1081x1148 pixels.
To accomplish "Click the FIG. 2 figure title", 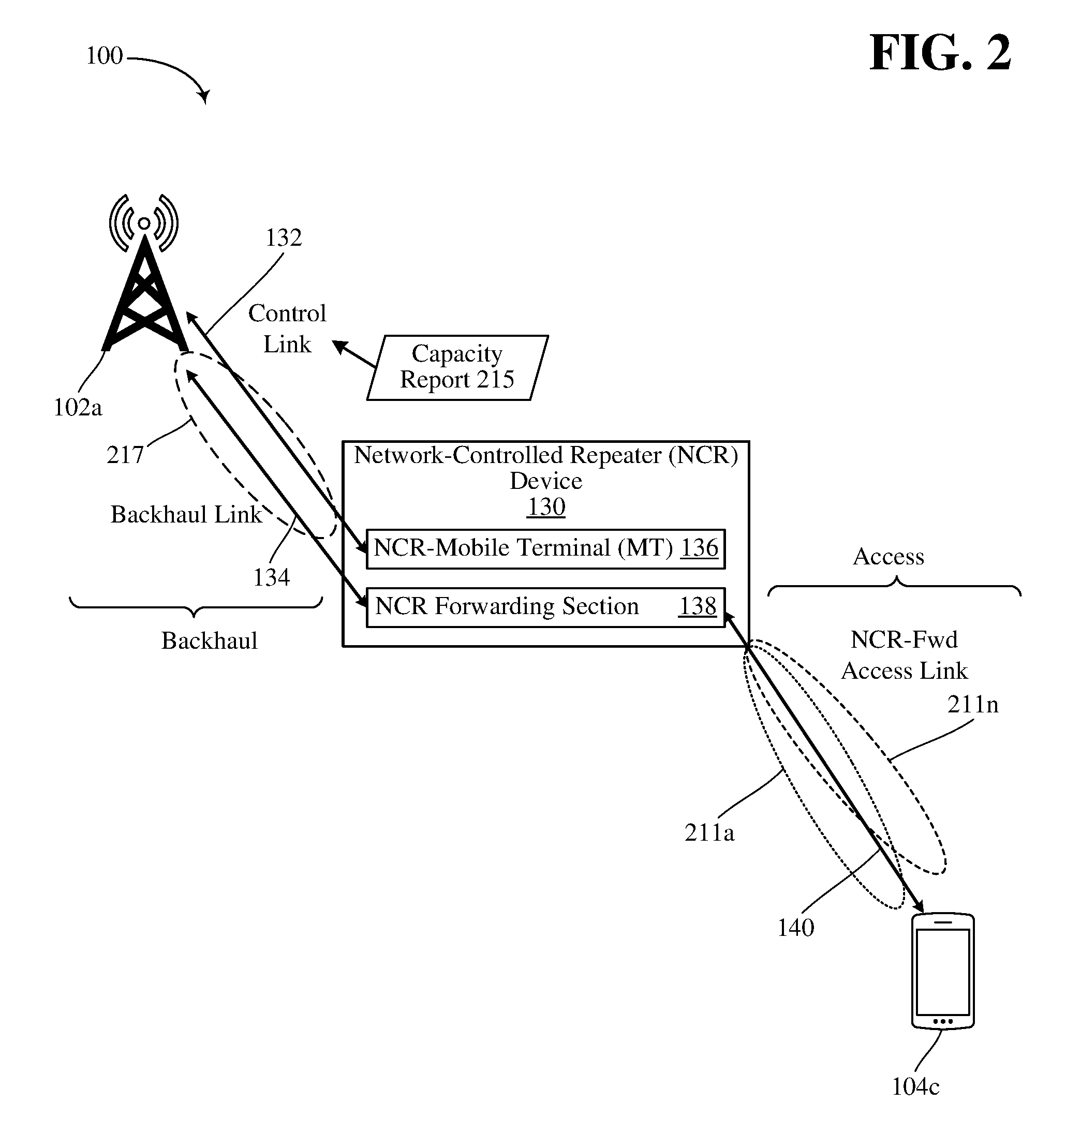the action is click(x=940, y=53).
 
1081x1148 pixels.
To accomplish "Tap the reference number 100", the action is click(x=105, y=56).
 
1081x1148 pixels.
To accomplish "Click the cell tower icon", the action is click(x=144, y=273).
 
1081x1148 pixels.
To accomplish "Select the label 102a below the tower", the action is click(x=78, y=408).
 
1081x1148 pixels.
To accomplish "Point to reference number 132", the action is click(x=284, y=238).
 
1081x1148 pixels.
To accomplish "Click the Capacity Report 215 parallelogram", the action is click(x=457, y=367).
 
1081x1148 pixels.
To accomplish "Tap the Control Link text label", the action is click(x=288, y=329).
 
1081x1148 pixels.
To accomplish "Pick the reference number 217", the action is click(x=125, y=455).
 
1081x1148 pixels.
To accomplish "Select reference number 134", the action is click(x=271, y=577).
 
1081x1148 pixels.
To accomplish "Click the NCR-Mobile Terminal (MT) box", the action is click(x=546, y=548).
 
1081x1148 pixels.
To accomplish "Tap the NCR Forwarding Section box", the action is click(x=546, y=607).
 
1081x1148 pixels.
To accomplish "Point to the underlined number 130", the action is click(x=546, y=508).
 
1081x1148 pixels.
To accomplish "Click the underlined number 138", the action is click(x=698, y=606).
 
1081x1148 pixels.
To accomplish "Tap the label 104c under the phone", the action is click(x=916, y=1087).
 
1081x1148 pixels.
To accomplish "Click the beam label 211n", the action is click(x=973, y=705).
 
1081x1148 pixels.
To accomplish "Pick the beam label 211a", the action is click(x=709, y=833).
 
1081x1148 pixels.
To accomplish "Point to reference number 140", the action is click(x=796, y=928).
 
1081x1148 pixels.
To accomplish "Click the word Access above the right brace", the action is click(x=889, y=557).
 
